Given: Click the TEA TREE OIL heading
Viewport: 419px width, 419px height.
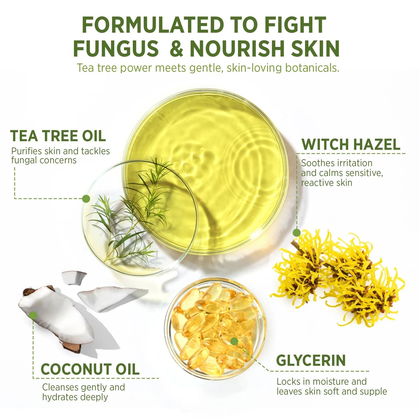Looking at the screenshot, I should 58,136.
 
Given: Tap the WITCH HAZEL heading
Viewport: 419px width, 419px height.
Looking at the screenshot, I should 351,144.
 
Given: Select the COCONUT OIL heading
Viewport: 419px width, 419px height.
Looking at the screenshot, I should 90,369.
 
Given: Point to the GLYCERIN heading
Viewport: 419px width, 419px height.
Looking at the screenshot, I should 311,360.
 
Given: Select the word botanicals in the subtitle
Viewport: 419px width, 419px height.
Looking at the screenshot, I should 312,68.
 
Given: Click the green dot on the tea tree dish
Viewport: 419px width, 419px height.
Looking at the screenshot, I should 86,199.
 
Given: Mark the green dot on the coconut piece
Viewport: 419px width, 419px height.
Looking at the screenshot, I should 33,315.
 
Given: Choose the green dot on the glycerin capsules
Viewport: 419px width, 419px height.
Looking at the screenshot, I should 234,341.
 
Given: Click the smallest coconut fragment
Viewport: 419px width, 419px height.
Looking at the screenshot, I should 74,277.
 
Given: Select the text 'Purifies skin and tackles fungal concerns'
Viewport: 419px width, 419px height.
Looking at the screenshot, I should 60,155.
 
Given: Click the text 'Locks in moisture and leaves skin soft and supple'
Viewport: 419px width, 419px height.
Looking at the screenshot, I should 331,386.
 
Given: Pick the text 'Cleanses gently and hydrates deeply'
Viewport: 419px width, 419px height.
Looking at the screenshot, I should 84,392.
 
